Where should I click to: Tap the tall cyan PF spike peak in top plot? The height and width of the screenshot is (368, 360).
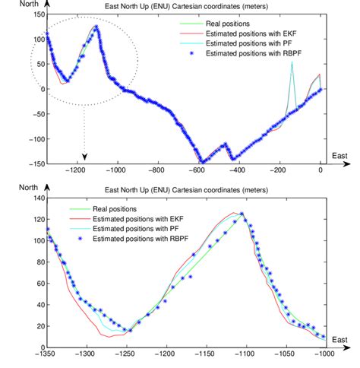(292, 63)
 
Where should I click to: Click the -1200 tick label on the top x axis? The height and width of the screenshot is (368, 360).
(75, 170)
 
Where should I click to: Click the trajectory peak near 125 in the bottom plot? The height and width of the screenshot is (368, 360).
(242, 214)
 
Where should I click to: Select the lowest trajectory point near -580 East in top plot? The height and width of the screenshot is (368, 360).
(202, 161)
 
